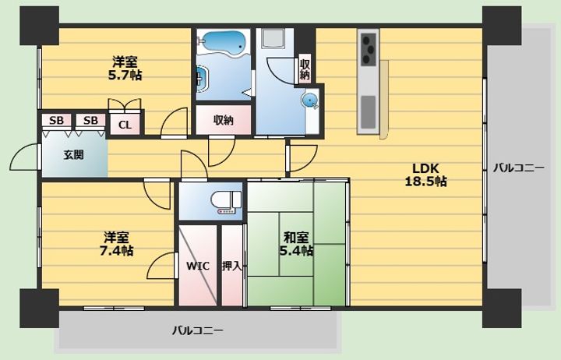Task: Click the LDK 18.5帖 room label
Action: (x=425, y=175)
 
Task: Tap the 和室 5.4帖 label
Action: (x=296, y=244)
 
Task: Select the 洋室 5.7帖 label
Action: (x=125, y=68)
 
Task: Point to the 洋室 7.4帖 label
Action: (x=116, y=244)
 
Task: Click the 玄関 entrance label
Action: (x=74, y=154)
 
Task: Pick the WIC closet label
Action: (x=197, y=266)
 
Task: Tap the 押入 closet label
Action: (x=232, y=266)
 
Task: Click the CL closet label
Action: (x=125, y=125)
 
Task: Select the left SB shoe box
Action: (x=56, y=121)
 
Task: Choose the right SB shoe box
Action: (x=90, y=121)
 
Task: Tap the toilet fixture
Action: (x=226, y=203)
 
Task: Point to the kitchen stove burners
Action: (x=369, y=49)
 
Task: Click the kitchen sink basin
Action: (x=368, y=112)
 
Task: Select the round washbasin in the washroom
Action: (x=310, y=100)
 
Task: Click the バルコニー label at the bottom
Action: (x=197, y=330)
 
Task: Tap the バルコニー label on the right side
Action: (x=519, y=168)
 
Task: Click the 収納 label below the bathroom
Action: (x=224, y=121)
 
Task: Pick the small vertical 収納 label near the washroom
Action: (x=305, y=70)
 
